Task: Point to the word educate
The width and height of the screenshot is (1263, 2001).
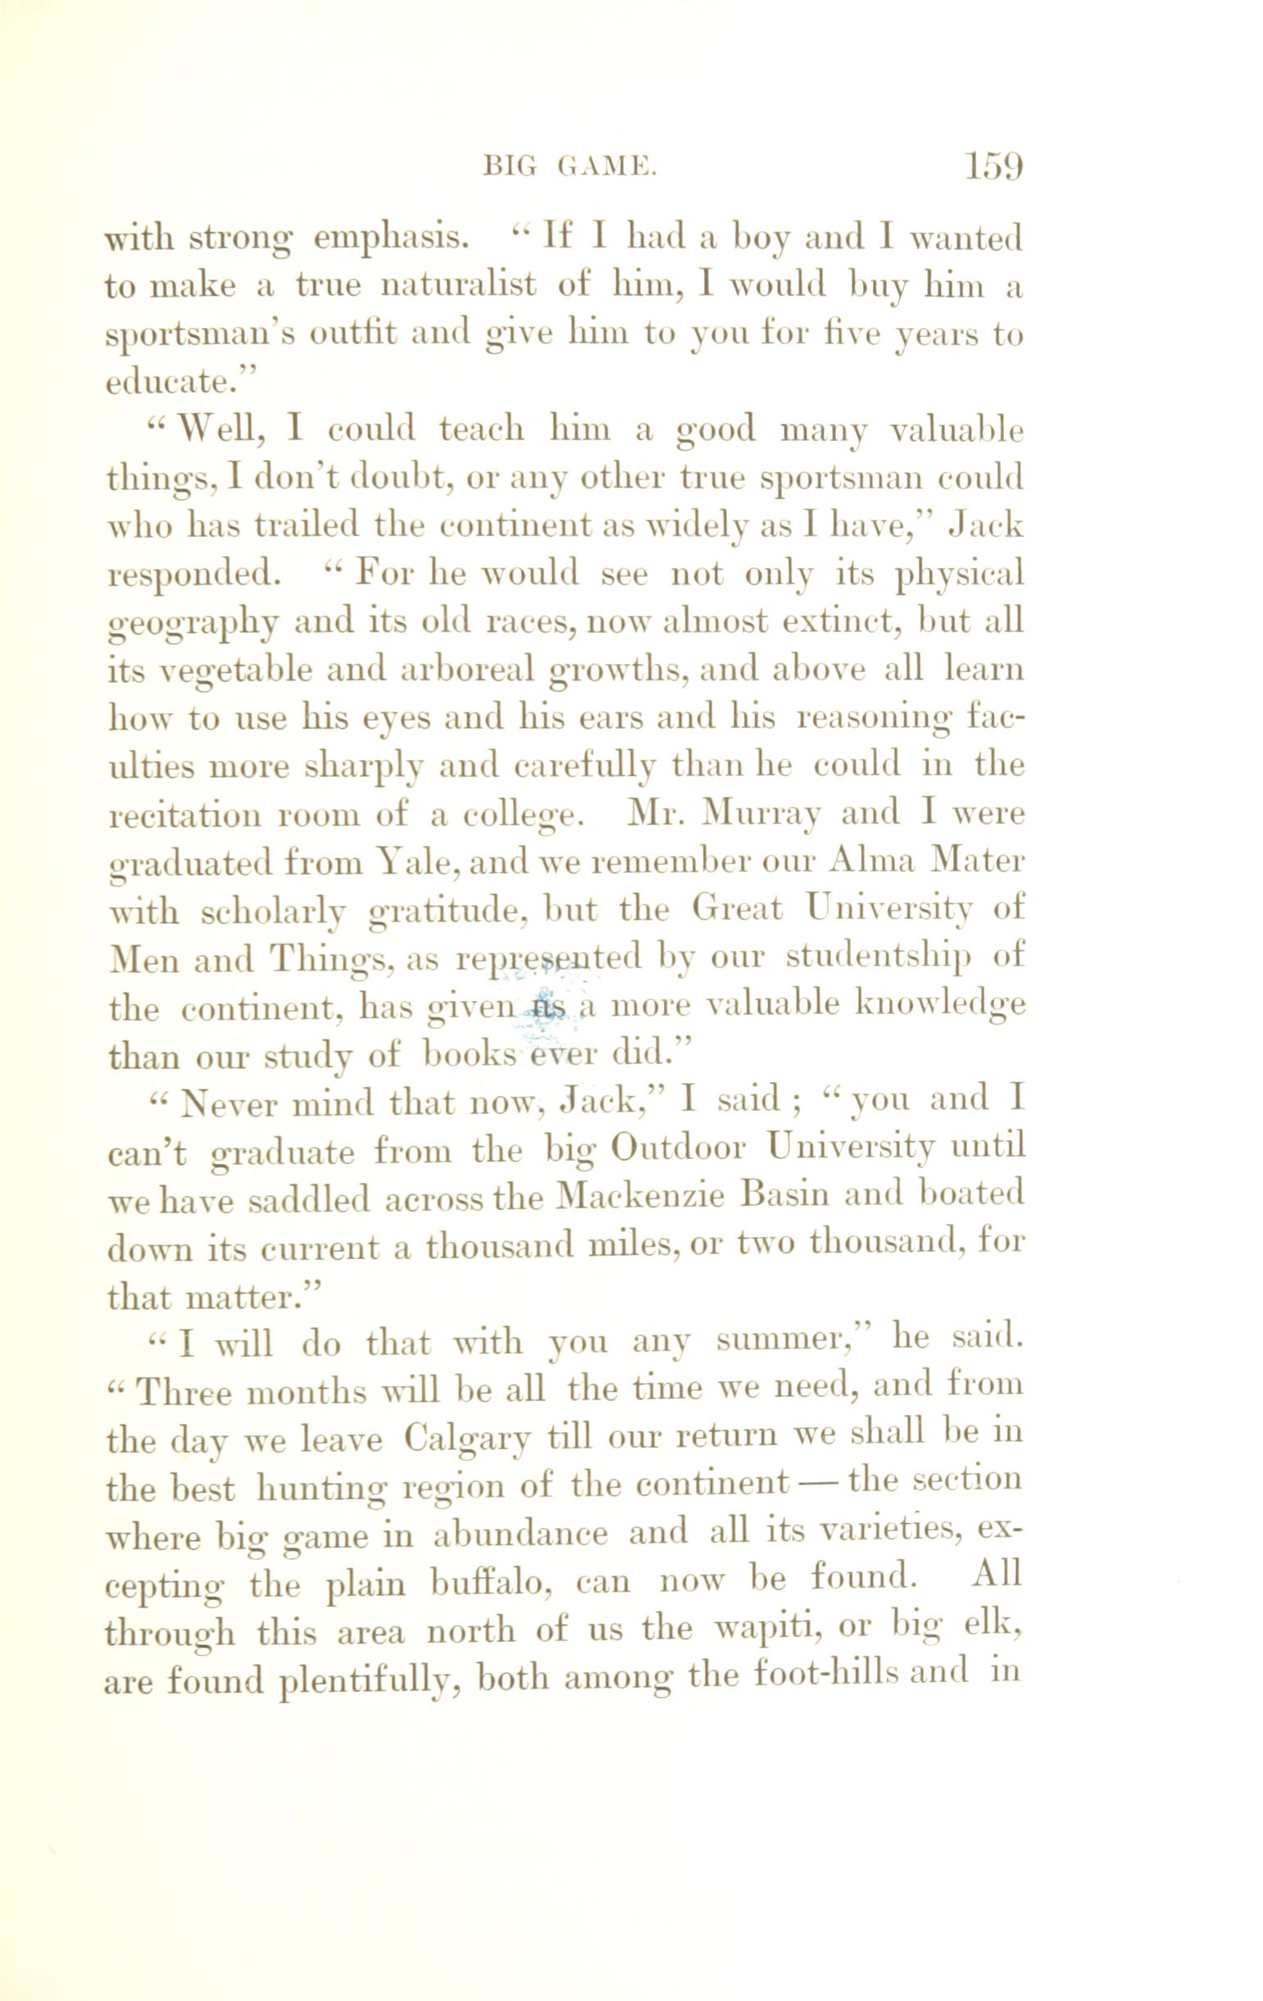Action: pyautogui.click(x=172, y=382)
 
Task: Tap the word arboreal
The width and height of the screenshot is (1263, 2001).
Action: pyautogui.click(x=469, y=670)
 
